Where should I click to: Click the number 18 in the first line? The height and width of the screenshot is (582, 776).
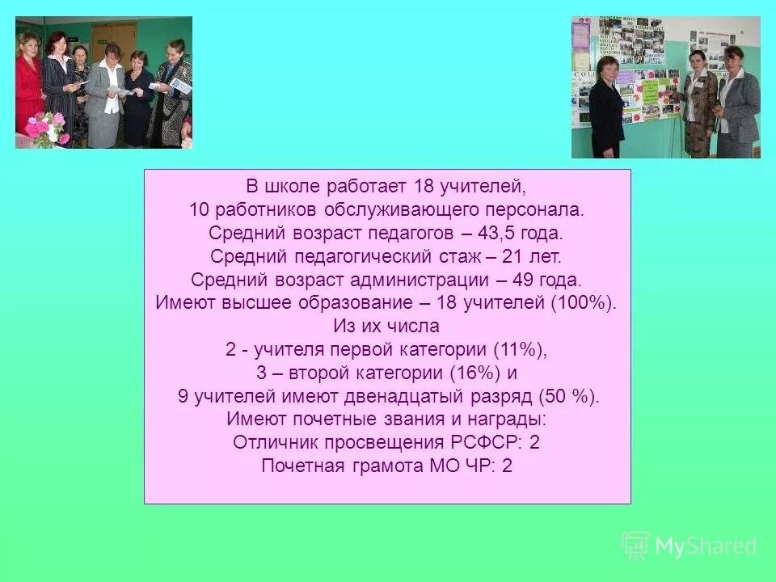(424, 187)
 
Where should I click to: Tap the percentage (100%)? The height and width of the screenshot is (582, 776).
(584, 304)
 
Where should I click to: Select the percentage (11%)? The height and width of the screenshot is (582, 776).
(520, 350)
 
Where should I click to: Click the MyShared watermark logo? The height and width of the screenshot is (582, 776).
(690, 546)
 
